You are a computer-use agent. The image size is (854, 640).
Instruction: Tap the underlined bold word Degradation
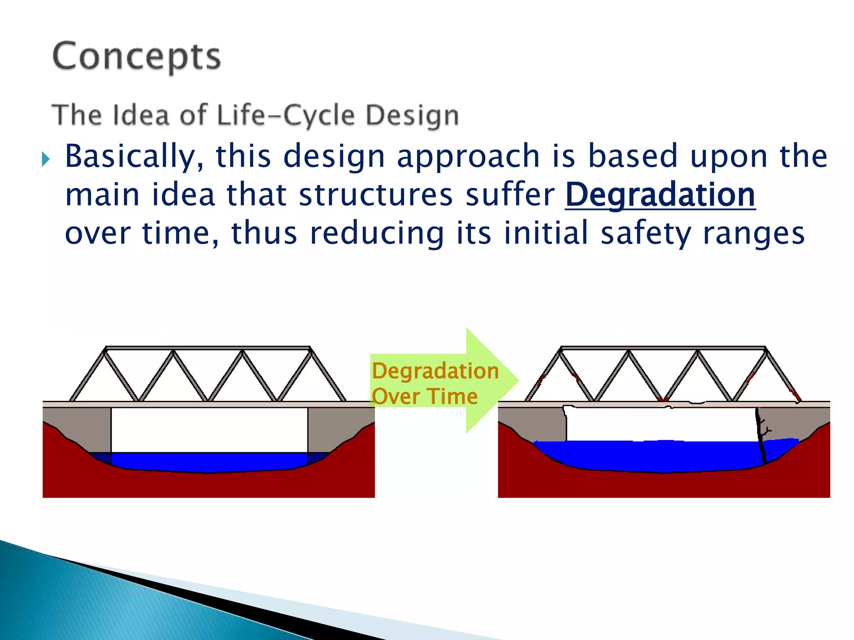pyautogui.click(x=660, y=195)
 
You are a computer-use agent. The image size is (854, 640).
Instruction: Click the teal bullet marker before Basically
pyautogui.click(x=45, y=159)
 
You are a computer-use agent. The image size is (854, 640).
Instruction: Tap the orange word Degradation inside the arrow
pyautogui.click(x=435, y=371)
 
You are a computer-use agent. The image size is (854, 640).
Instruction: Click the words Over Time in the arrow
pyautogui.click(x=424, y=396)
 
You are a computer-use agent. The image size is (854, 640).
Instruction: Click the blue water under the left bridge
pyautogui.click(x=208, y=462)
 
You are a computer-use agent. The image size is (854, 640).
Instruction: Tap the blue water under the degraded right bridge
pyautogui.click(x=663, y=456)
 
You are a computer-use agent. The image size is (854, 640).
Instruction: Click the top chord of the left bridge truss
pyautogui.click(x=208, y=348)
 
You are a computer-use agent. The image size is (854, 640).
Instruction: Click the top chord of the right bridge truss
pyautogui.click(x=663, y=348)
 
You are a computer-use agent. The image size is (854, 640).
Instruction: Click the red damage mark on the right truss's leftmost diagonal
pyautogui.click(x=541, y=380)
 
